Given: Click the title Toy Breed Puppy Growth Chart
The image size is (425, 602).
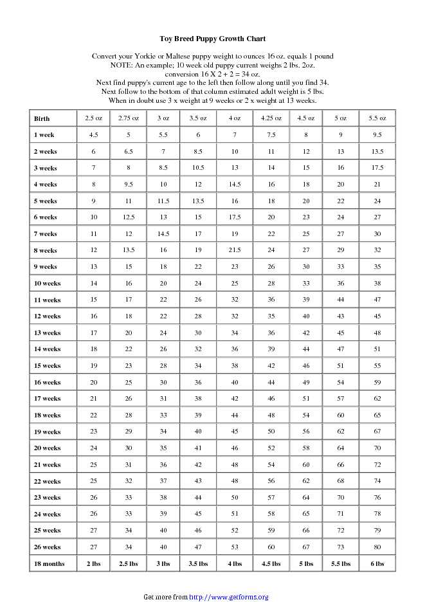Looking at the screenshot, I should tap(212, 39).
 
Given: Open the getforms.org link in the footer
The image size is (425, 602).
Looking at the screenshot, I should tap(228, 597).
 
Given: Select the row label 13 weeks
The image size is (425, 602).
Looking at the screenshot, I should tap(47, 333).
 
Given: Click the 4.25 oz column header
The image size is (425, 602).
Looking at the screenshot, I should tap(271, 118).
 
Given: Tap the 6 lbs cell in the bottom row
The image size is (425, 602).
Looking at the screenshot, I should tap(377, 564).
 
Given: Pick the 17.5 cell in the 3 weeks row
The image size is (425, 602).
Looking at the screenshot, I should tap(377, 168).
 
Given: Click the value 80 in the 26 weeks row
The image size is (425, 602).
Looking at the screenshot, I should tap(377, 547).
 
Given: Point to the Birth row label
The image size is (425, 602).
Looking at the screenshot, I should tap(42, 119).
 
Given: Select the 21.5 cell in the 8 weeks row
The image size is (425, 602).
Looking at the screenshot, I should tap(235, 250).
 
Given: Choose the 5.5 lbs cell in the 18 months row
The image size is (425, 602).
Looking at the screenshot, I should tap(341, 564).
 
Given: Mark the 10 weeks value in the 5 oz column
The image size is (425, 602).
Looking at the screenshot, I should tap(341, 283).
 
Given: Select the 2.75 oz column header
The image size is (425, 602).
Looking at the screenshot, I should tap(129, 118).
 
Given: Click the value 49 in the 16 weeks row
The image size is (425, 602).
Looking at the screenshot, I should tap(306, 382).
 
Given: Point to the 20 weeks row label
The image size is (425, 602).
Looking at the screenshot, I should tap(47, 448).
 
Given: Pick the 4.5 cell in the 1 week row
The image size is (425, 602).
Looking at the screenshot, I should tap(93, 135).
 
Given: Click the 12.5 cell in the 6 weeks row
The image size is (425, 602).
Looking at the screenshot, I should tap(129, 217).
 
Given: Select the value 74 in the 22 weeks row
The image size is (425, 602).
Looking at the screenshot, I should tap(377, 481).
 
